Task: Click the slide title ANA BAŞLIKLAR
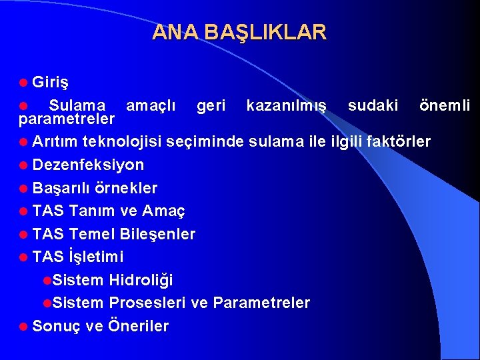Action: point(239,32)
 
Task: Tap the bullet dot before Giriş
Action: point(24,83)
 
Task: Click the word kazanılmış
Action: point(287,105)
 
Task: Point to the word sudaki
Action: point(373,105)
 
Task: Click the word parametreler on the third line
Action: point(67,119)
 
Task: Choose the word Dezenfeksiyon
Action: point(88,165)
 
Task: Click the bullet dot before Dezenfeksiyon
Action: point(24,165)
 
